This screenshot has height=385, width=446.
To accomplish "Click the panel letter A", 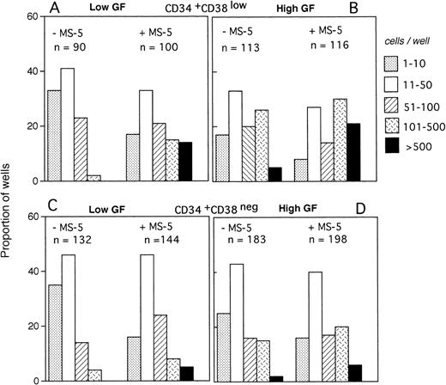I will (x=54, y=9).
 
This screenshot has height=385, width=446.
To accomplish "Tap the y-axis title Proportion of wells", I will (x=11, y=193).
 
